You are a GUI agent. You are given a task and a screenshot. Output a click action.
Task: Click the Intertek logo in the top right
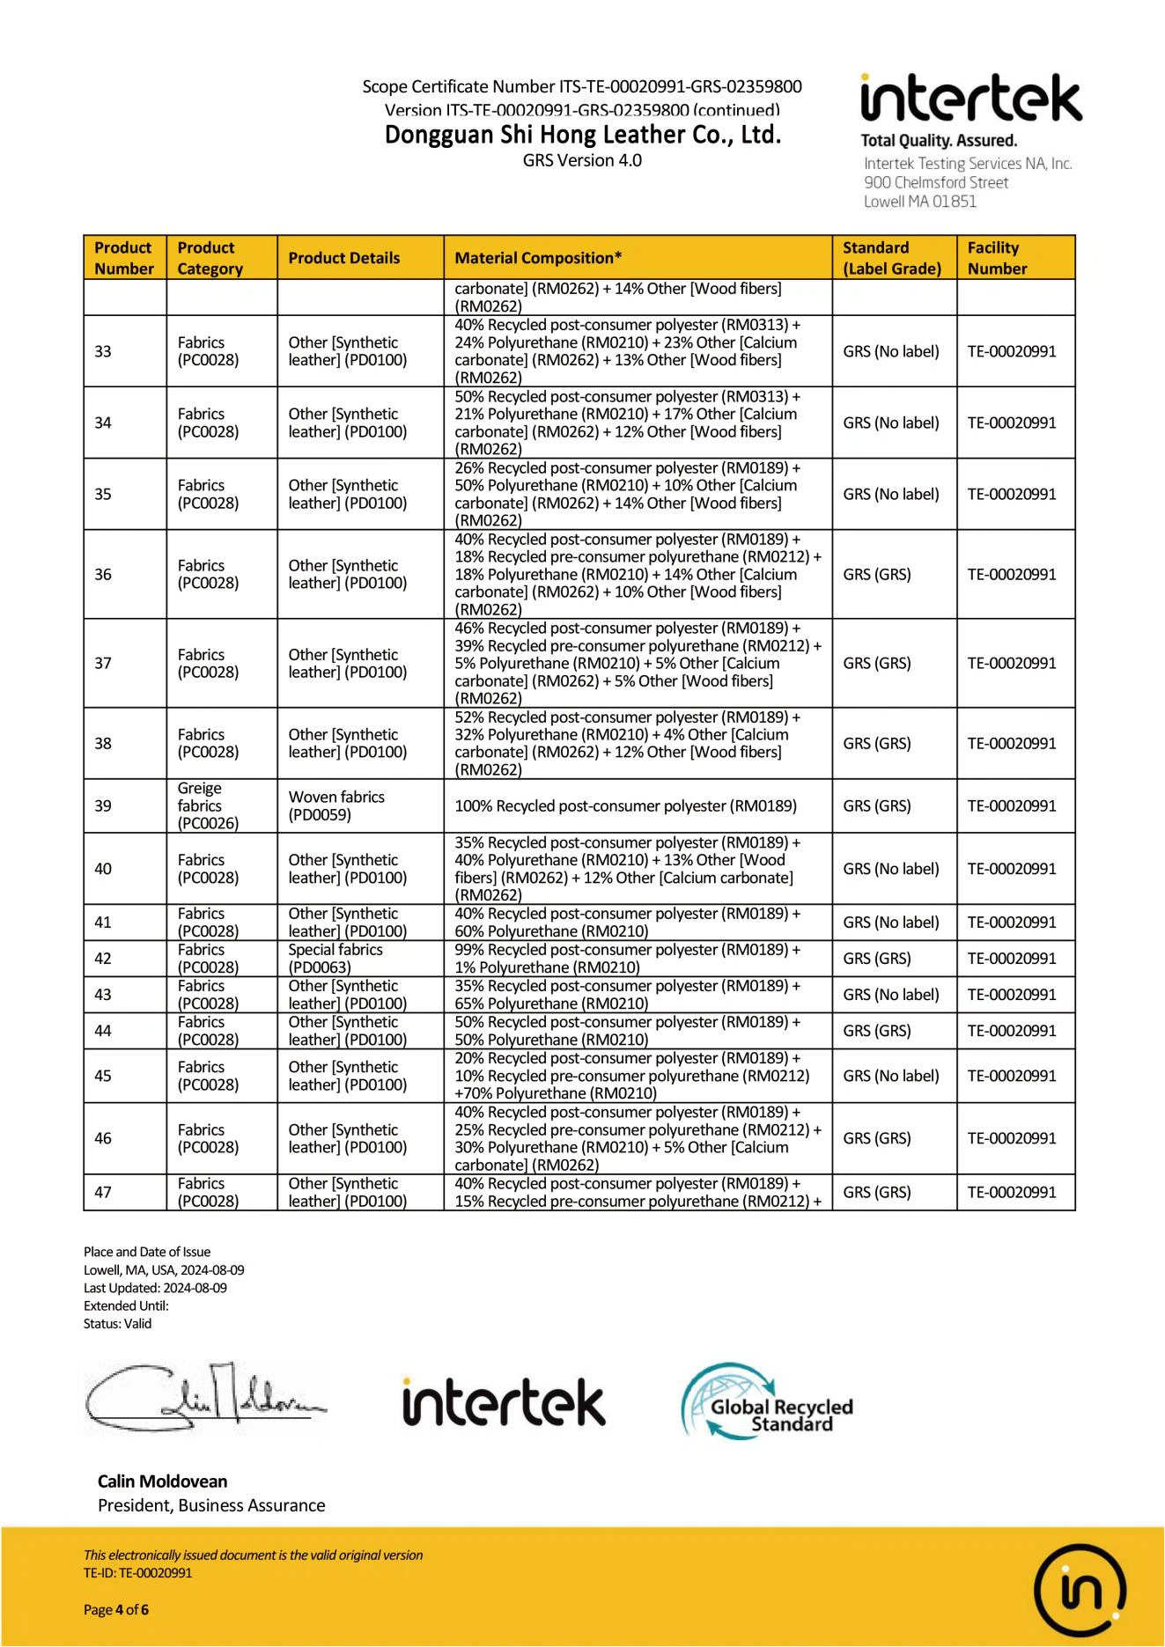point(970,99)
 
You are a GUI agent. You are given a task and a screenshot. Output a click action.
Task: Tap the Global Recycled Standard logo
point(767,1401)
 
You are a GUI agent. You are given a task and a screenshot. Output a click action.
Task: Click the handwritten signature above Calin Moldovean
point(204,1399)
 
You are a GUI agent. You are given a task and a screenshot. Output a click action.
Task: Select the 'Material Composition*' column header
point(538,258)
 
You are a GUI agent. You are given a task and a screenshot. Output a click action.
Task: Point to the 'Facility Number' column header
point(997,258)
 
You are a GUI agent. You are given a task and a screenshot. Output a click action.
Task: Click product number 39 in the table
point(103,805)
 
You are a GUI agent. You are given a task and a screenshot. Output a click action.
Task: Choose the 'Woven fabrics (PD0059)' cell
point(336,805)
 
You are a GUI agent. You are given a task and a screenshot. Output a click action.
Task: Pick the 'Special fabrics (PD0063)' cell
point(335,959)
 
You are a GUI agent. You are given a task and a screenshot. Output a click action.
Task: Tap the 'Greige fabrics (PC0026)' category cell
point(208,805)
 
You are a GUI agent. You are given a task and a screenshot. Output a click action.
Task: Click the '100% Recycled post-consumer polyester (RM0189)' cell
point(625,805)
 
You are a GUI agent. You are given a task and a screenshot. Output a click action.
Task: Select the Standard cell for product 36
point(877,574)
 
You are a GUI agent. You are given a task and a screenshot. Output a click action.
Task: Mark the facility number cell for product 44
point(1012,1031)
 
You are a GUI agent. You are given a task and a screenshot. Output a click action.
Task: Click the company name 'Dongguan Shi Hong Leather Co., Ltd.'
point(583,135)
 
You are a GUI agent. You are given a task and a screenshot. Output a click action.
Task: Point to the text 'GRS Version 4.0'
point(582,160)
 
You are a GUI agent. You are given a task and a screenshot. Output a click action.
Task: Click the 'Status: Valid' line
point(117,1323)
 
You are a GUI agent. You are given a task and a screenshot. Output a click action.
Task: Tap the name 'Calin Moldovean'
point(163,1482)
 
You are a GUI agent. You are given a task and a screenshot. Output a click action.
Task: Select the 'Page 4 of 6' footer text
point(116,1610)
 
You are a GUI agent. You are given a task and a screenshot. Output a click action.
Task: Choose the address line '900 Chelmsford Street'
point(936,182)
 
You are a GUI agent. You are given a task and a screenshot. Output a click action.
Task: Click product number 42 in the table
point(103,959)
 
